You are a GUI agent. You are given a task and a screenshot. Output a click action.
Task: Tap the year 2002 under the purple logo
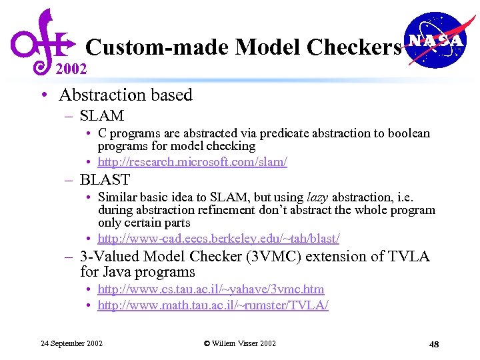pyautogui.click(x=71, y=68)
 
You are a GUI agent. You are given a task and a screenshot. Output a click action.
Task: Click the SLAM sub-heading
pyautogui.click(x=101, y=115)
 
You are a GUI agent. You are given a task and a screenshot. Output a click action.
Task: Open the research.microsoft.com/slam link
pyautogui.click(x=192, y=162)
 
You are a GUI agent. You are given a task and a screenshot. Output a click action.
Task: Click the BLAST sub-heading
pyautogui.click(x=105, y=179)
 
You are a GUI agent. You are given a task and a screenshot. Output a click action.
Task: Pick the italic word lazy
pyautogui.click(x=319, y=197)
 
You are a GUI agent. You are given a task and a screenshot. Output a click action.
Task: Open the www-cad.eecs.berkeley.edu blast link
pyautogui.click(x=219, y=238)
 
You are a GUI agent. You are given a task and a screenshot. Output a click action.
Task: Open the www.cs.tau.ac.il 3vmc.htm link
pyautogui.click(x=211, y=289)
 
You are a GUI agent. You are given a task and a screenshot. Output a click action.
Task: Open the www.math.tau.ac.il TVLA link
pyautogui.click(x=213, y=305)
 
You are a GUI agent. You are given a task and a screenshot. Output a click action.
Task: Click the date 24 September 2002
pyautogui.click(x=71, y=343)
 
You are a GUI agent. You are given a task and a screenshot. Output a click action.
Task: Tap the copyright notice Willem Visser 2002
pyautogui.click(x=239, y=343)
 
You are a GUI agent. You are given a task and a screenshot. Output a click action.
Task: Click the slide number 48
pyautogui.click(x=434, y=344)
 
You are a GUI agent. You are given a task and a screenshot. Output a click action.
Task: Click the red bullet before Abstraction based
pyautogui.click(x=43, y=95)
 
